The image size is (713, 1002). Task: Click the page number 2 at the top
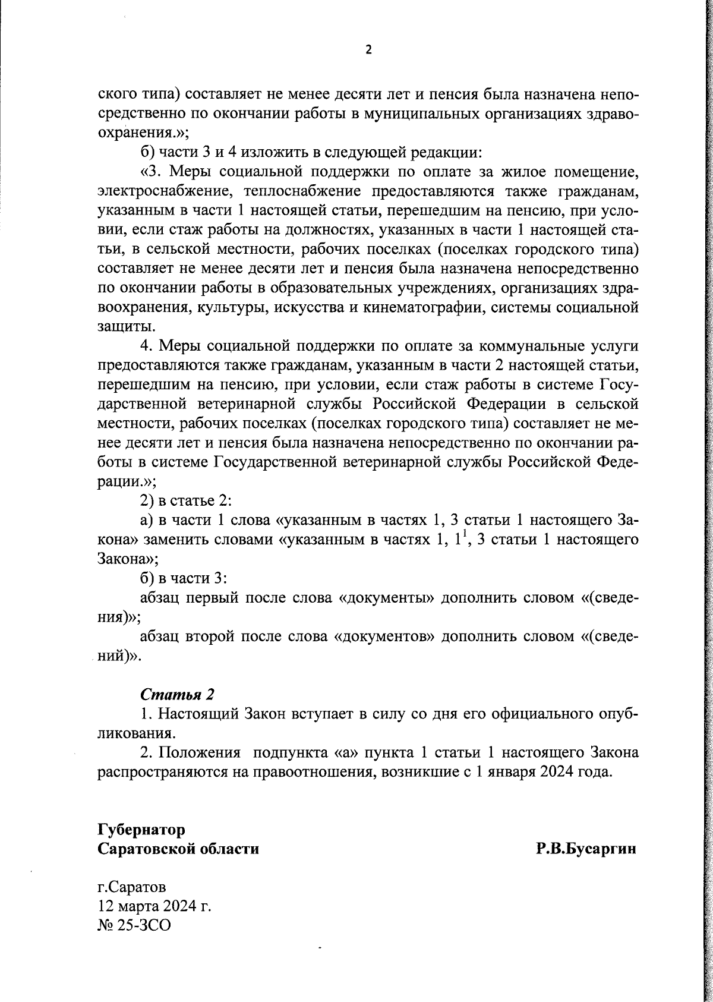pyautogui.click(x=368, y=50)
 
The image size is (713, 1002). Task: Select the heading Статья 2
pyautogui.click(x=177, y=694)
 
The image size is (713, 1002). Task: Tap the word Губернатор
pyautogui.click(x=141, y=829)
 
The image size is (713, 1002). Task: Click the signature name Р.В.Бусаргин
pyautogui.click(x=586, y=849)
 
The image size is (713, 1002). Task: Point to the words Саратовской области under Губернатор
pyautogui.click(x=178, y=849)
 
